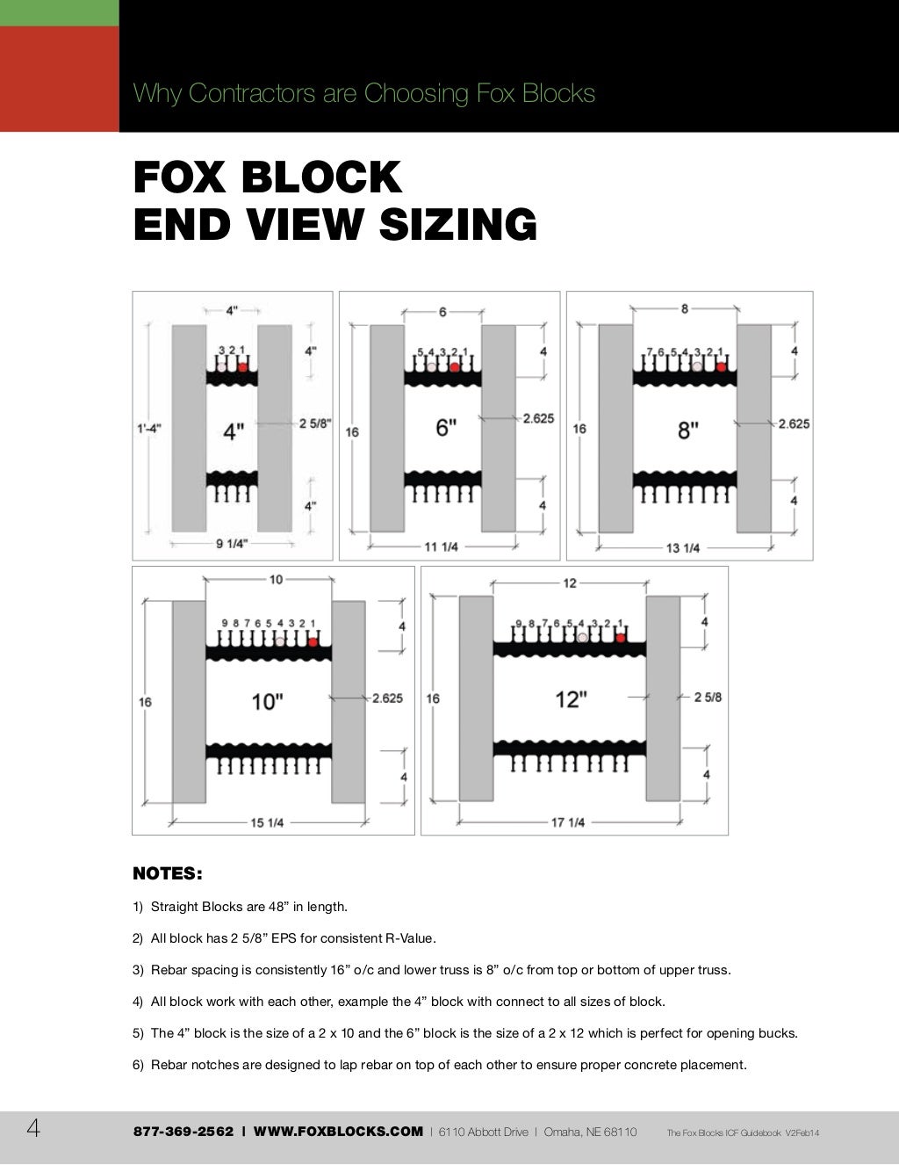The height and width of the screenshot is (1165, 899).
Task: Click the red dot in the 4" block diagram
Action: tap(242, 367)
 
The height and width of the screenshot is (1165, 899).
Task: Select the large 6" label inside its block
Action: tap(446, 428)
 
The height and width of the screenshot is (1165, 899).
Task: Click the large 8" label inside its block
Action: tap(688, 430)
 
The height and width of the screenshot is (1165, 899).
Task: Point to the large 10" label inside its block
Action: tap(267, 701)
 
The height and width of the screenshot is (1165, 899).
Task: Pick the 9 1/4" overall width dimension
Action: tap(232, 544)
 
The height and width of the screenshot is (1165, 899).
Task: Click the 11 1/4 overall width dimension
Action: tap(442, 546)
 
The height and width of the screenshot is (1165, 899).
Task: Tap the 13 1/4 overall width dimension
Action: tap(683, 547)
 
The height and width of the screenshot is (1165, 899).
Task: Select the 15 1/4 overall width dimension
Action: tap(267, 822)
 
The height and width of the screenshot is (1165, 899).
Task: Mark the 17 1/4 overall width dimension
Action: tap(568, 822)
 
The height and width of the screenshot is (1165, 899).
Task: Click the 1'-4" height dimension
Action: tap(148, 429)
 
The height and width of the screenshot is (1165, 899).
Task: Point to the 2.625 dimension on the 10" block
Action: tap(387, 698)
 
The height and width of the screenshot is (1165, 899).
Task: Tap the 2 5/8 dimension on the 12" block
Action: tap(708, 697)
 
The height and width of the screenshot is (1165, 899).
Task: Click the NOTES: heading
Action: tap(167, 873)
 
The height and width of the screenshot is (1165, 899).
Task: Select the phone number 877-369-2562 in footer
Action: tap(183, 1132)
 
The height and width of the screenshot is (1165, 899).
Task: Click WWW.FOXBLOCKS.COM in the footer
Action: tap(338, 1132)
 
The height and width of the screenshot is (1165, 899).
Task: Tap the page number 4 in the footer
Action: tap(33, 1129)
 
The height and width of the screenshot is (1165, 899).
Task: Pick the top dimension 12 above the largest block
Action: tap(570, 582)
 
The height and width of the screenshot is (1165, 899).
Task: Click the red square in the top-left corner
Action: tap(59, 78)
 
